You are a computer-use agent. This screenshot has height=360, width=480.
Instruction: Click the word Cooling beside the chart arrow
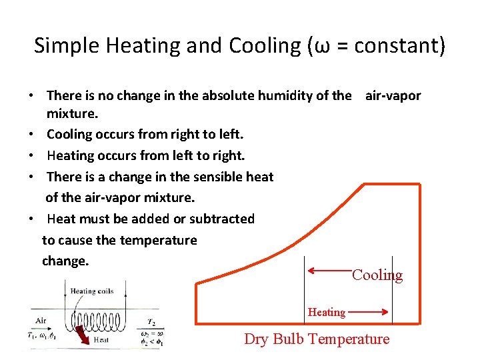377,275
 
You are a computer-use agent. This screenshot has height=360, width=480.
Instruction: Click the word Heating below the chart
327,312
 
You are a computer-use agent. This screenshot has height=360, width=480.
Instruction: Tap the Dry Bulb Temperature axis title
317,339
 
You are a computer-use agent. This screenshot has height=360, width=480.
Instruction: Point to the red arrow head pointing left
312,270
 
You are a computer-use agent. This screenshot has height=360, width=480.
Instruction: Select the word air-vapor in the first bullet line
393,95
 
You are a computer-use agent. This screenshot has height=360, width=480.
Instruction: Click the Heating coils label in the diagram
92,291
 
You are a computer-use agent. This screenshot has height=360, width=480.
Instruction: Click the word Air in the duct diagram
41,321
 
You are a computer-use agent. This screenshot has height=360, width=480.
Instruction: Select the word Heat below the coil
101,339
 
